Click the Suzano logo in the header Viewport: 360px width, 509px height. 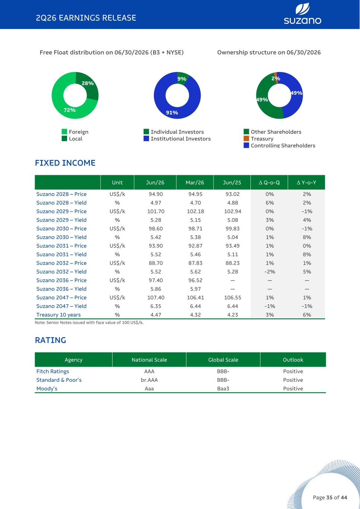click(x=302, y=13)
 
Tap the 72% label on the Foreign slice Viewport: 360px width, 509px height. click(x=69, y=110)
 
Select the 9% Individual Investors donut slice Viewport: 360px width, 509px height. click(x=183, y=78)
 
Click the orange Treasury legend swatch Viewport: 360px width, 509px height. click(x=246, y=138)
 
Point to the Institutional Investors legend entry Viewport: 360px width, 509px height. click(x=177, y=139)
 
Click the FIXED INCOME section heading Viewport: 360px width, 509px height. click(x=65, y=163)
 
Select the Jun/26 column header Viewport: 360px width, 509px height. click(x=155, y=182)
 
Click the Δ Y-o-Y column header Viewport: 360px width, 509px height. click(x=306, y=182)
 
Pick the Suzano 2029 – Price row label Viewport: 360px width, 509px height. click(x=61, y=211)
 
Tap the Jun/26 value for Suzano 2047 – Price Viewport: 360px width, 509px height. click(x=155, y=298)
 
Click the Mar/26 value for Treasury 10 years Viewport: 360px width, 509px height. click(x=195, y=315)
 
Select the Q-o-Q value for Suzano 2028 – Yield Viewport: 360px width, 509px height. click(x=269, y=203)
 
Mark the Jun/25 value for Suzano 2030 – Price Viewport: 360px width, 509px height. click(x=233, y=229)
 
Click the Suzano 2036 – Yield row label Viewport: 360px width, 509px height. click(x=61, y=289)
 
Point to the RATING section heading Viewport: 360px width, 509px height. click(x=50, y=340)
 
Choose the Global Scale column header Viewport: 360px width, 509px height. click(x=223, y=360)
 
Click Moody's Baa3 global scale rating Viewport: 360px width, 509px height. click(x=223, y=389)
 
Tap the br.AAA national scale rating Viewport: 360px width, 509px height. click(x=149, y=380)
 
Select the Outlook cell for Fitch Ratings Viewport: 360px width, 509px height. click(x=293, y=371)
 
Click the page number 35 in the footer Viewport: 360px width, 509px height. click(x=329, y=497)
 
